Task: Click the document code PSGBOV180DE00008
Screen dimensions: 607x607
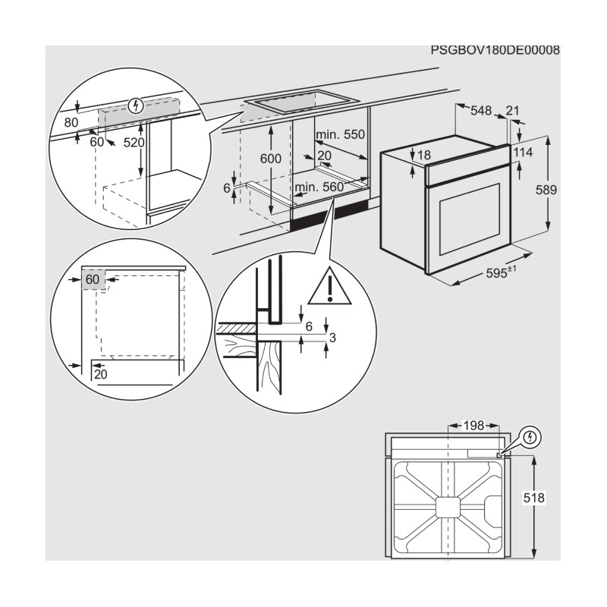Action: (495, 51)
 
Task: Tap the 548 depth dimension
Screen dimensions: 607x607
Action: (481, 111)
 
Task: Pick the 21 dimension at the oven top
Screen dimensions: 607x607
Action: (512, 111)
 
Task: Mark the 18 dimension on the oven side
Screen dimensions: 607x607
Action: (423, 155)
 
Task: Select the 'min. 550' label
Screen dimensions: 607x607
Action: (341, 134)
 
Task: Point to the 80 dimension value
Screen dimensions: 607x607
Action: (71, 121)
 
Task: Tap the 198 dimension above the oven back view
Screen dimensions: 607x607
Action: (470, 426)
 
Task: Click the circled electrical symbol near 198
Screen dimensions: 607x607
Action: (530, 438)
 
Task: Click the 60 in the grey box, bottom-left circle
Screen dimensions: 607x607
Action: (93, 279)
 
